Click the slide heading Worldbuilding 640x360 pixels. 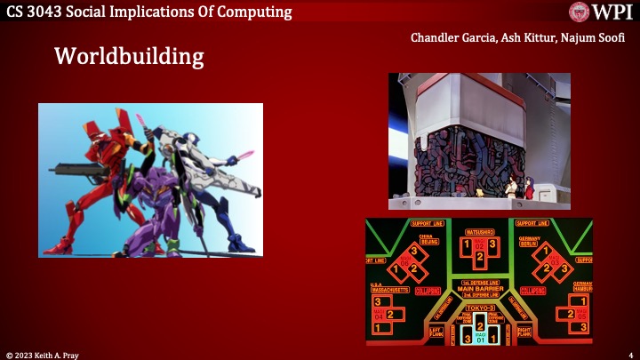coord(129,57)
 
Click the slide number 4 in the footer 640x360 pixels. coord(629,354)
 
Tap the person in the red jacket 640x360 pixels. coord(522,187)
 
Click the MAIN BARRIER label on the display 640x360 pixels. coord(481,289)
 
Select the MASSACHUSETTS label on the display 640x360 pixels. coord(389,290)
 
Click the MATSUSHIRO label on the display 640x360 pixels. coord(480,232)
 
